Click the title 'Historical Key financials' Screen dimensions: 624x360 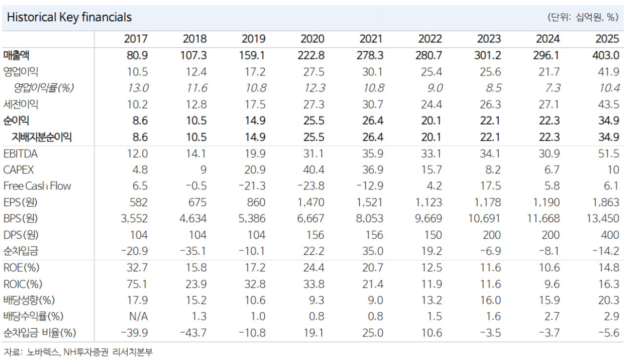pos(69,17)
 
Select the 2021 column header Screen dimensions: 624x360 pos(371,39)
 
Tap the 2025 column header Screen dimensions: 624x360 pos(607,39)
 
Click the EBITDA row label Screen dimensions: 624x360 pos(20,153)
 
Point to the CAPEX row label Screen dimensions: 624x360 pos(19,170)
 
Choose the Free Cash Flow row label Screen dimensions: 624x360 pos(37,186)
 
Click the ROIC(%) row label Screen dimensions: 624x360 pos(22,284)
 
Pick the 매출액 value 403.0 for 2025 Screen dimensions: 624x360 pos(605,56)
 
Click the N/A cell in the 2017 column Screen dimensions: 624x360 pos(138,317)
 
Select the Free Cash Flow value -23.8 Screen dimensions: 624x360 pos(311,186)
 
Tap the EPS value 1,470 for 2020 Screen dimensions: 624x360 pos(311,203)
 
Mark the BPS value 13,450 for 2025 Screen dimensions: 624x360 pos(603,219)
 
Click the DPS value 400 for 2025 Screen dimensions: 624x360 pos(610,235)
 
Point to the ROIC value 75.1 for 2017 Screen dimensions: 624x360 pos(137,284)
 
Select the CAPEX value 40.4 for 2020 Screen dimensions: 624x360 pos(313,170)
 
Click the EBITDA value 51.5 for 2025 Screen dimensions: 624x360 pos(608,153)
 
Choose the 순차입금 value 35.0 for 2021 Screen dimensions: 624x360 pos(373,251)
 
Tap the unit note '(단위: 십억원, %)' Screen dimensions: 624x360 pos(583,17)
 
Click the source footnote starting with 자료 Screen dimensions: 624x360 pos(78,352)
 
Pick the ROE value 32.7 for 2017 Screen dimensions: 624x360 pos(137,268)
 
